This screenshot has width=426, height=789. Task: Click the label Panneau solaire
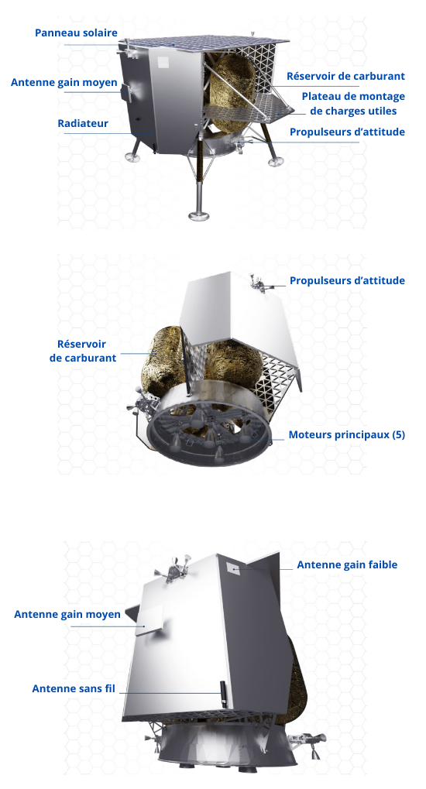76,33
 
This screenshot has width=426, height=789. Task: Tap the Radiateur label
83,123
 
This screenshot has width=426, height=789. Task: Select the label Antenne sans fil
74,688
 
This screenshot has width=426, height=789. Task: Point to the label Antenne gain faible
347,564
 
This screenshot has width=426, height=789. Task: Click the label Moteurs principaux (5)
346,434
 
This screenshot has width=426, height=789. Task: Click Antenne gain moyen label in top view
64,83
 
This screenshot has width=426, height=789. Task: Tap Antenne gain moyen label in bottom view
67,614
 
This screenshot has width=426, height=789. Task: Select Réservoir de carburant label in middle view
83,351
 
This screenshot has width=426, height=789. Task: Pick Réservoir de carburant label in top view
345,76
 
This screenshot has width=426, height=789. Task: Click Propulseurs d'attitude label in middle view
347,280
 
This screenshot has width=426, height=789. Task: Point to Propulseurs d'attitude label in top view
347,132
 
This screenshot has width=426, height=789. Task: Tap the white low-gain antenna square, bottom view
232,568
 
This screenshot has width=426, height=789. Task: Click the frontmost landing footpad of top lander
199,216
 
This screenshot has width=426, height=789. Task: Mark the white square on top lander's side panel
163,62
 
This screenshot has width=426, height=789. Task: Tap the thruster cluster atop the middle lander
259,283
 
